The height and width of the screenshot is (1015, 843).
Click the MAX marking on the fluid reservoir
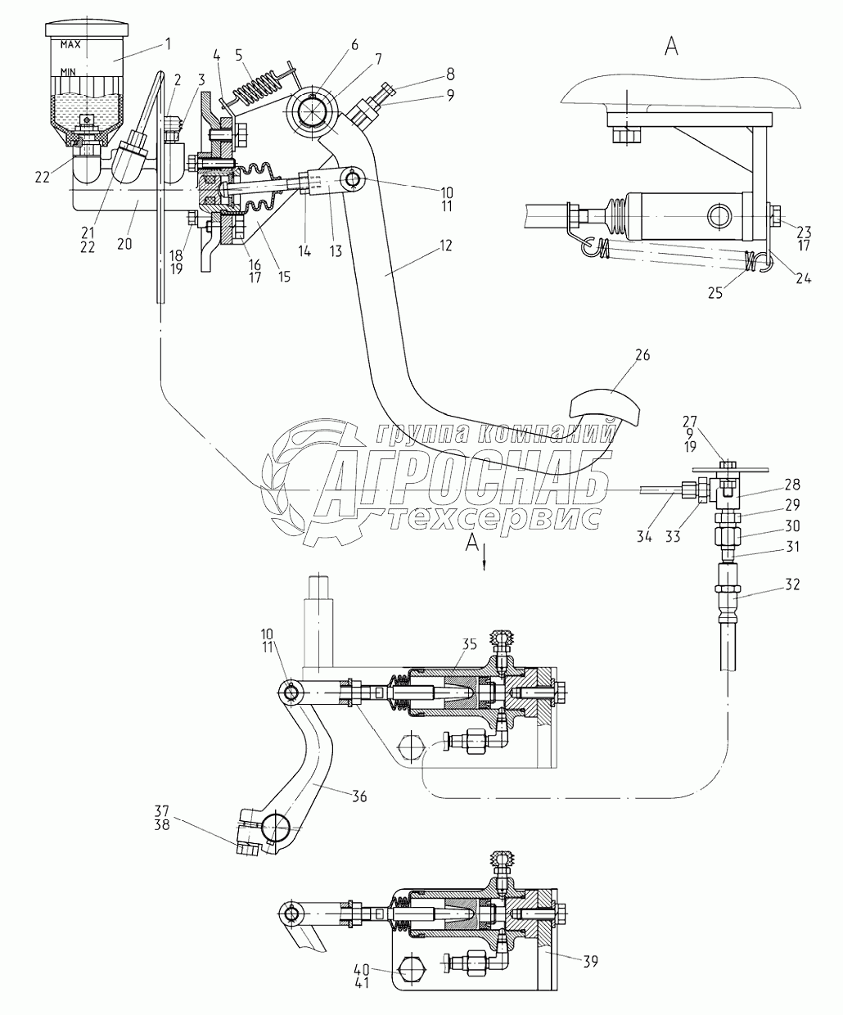(70, 45)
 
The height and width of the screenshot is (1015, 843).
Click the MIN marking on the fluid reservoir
(68, 72)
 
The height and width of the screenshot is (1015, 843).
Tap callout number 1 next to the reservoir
(168, 44)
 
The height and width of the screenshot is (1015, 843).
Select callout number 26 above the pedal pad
(642, 355)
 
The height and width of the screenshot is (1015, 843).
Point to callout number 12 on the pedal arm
(446, 245)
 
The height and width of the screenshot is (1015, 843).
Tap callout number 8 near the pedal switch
(450, 74)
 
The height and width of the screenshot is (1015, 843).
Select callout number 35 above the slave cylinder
(469, 644)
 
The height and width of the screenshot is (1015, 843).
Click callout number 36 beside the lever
(359, 810)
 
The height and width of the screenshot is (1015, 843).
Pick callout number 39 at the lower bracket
(590, 961)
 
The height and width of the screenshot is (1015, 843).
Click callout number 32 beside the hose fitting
(792, 584)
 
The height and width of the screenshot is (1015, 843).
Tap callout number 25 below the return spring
(715, 293)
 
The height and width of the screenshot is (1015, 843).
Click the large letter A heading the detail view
(671, 47)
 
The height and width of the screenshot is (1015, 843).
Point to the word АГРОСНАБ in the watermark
(462, 486)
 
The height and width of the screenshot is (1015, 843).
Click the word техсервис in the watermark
(495, 518)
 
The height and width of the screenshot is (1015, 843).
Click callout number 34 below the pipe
(644, 537)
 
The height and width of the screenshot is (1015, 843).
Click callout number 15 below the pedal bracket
(284, 276)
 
